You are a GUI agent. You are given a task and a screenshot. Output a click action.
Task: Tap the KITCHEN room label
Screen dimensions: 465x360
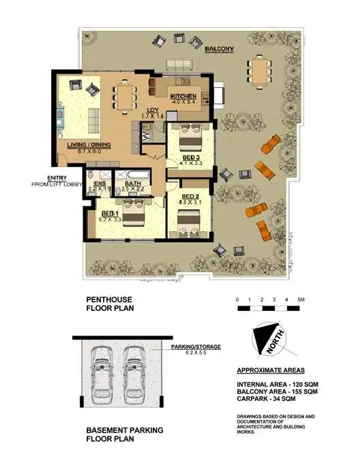pyautogui.click(x=183, y=97)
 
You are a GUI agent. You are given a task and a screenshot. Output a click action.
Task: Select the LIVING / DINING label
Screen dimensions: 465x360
pyautogui.click(x=89, y=145)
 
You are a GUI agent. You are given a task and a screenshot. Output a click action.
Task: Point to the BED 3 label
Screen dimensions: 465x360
pyautogui.click(x=191, y=156)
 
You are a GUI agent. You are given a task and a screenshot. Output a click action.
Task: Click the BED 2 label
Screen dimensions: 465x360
pyautogui.click(x=190, y=196)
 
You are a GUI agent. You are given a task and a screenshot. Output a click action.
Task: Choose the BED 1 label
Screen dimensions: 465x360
pyautogui.click(x=110, y=213)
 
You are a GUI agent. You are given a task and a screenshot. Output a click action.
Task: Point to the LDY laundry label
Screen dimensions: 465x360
pyautogui.click(x=152, y=110)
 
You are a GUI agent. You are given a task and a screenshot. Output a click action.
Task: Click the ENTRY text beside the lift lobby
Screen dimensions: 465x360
pyautogui.click(x=58, y=177)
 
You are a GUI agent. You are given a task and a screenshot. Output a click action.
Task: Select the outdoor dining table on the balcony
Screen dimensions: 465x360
pyautogui.click(x=258, y=69)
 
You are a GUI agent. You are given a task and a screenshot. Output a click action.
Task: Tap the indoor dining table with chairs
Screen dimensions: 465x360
pyautogui.click(x=124, y=95)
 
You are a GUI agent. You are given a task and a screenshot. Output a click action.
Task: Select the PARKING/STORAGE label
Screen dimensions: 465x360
pyautogui.click(x=195, y=346)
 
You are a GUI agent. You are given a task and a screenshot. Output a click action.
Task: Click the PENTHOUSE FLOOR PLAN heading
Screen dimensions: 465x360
pyautogui.click(x=110, y=303)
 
